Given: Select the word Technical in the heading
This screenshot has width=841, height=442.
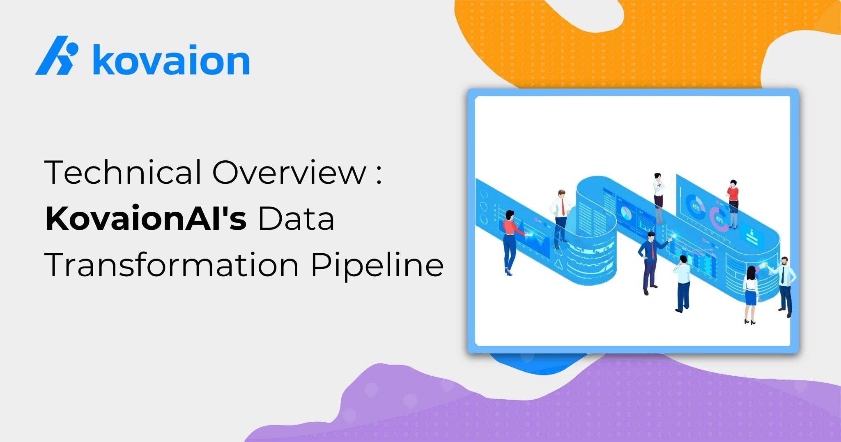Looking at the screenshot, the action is pos(123,171).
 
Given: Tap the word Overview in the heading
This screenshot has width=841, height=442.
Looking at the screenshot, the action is pos(289,172).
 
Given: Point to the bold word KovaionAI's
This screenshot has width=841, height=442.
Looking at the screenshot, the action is pos(146,218).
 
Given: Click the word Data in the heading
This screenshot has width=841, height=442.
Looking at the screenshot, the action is pos(296,218).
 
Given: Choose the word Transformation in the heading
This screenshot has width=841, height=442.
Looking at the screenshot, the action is pos(172,265).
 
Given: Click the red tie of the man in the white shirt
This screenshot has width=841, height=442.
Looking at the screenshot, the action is pos(562,207).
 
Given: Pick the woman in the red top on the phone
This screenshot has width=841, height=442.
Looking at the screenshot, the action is pos(733,204).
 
